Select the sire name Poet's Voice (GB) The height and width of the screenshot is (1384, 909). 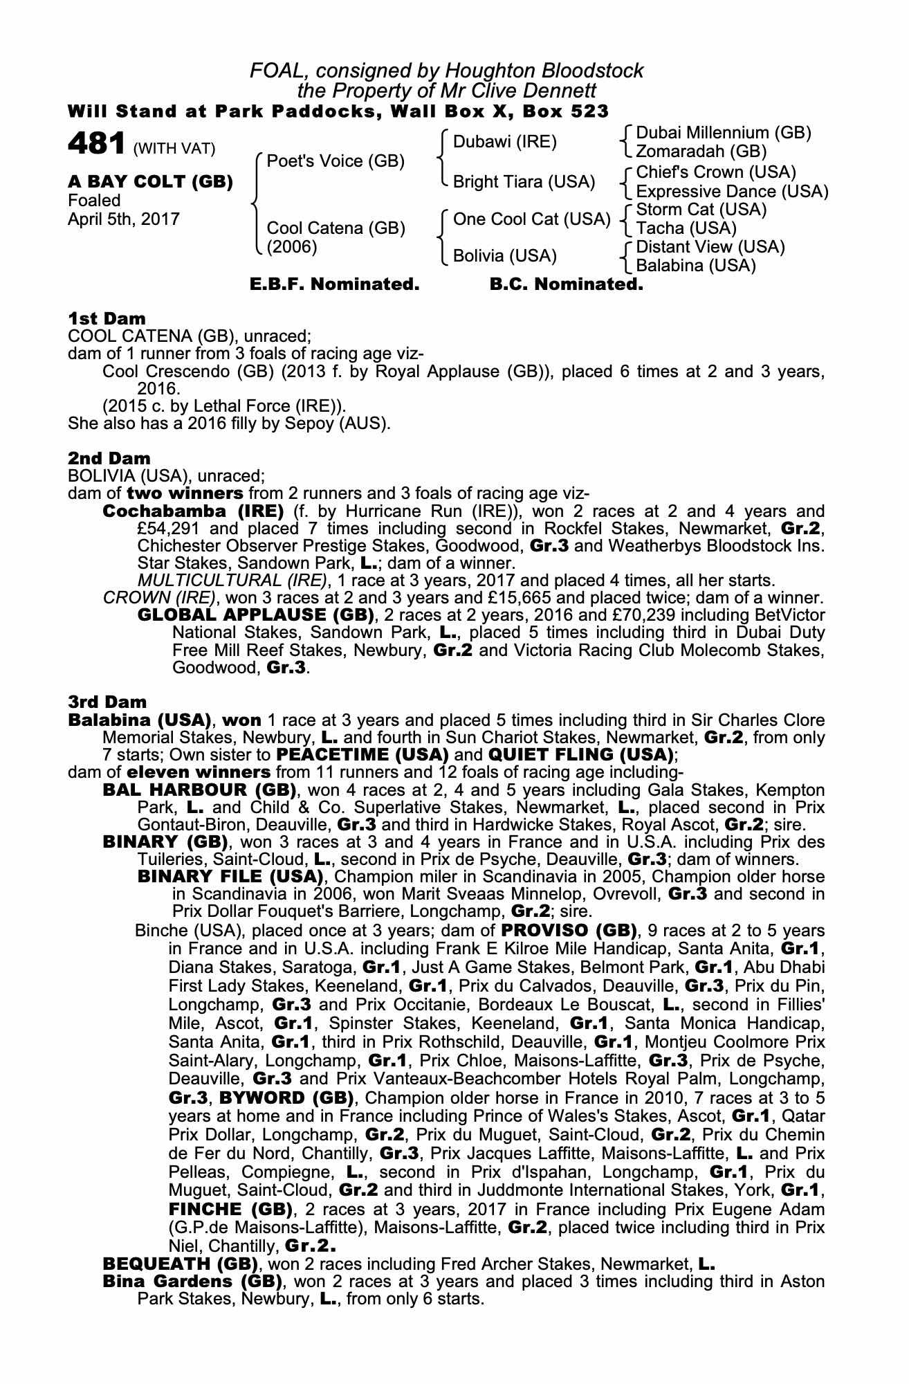pyautogui.click(x=336, y=161)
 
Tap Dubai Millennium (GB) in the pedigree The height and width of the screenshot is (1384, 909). pyautogui.click(x=723, y=133)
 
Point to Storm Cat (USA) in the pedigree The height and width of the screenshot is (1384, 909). pyautogui.click(x=701, y=210)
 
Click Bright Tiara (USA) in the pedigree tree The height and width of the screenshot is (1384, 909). pyautogui.click(x=524, y=182)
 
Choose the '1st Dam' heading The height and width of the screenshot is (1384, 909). pyautogui.click(x=107, y=319)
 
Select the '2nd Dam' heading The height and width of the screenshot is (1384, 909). pyautogui.click(x=109, y=458)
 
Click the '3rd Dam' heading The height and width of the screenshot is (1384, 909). pyautogui.click(x=107, y=702)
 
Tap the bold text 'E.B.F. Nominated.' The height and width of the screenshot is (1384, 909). pyautogui.click(x=334, y=284)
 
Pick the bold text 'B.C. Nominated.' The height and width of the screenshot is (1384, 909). pyautogui.click(x=566, y=284)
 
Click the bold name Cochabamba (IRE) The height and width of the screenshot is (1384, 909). pyautogui.click(x=193, y=511)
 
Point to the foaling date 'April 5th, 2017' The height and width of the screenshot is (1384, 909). pyautogui.click(x=124, y=219)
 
